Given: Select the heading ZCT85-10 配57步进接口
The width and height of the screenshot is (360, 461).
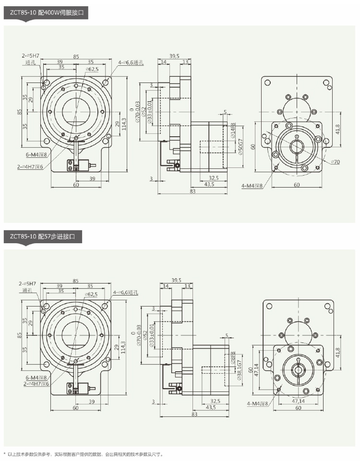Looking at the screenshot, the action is pos(42,236).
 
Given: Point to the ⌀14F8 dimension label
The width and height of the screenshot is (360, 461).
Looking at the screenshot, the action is pos(233,130).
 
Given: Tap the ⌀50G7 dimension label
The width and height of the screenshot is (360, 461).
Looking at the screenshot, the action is pos(240,146).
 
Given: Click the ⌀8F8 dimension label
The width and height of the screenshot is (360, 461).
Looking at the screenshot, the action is pos(233,358).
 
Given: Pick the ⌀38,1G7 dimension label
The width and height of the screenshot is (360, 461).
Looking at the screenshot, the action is pos(240,370).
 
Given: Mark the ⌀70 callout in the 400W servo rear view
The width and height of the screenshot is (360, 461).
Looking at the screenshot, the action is pos(336,162).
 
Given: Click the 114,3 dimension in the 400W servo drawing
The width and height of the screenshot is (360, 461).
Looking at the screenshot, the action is pos(124,124).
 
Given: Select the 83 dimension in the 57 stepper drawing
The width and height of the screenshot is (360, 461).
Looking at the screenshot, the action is pos(194,414).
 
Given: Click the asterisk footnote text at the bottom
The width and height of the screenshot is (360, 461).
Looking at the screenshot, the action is pos(83,454).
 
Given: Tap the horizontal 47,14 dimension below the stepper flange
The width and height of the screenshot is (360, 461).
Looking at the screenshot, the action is pos(298,401).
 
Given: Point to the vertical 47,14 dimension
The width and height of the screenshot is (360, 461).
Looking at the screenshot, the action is pos(257,370).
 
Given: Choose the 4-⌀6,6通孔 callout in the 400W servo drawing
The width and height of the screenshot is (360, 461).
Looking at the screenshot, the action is pos(131,62).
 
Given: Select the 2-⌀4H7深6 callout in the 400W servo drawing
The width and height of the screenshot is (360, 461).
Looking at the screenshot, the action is pos(30,167).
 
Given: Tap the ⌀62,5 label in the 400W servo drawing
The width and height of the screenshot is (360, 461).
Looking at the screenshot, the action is pos(92,69).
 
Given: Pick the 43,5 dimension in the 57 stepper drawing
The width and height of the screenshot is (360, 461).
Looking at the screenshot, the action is pos(211,407).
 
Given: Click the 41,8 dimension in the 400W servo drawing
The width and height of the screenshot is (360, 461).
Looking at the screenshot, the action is pos(337,130).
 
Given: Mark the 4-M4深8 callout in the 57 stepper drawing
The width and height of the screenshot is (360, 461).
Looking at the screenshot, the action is pos(258,403).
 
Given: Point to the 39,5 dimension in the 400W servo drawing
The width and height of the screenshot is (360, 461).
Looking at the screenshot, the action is pos(174,56).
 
